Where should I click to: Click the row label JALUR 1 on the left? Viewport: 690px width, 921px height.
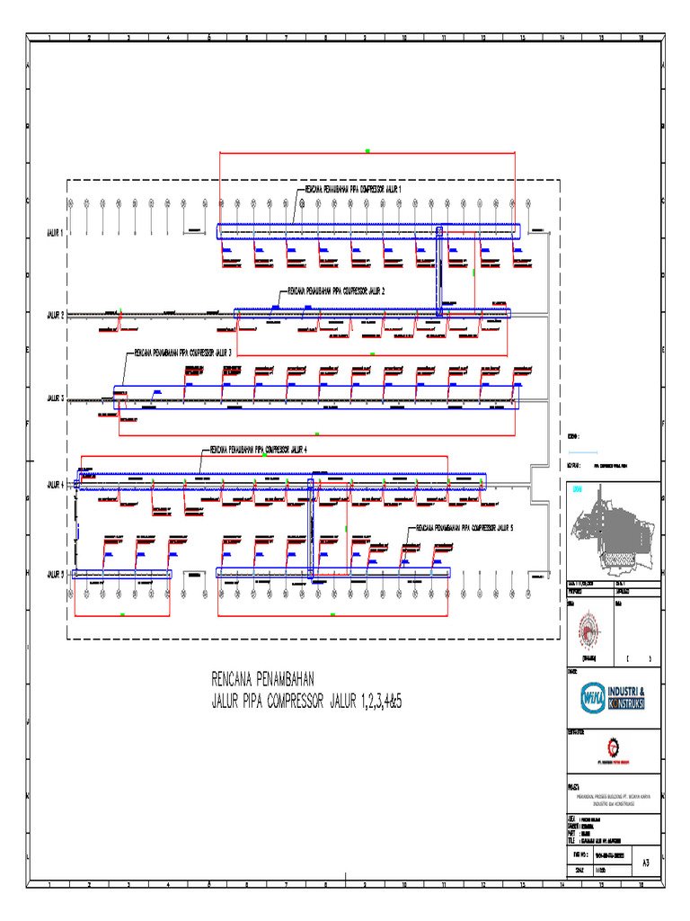coord(56,232)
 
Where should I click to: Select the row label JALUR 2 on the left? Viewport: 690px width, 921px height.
coord(56,315)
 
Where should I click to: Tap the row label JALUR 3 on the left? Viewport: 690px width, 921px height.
coord(56,397)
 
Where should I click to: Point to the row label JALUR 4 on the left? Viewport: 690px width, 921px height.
coord(56,484)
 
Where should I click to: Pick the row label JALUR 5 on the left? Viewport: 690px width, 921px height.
coord(56,574)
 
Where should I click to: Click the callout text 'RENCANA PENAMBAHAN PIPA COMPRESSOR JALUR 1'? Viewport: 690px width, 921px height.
coord(353,190)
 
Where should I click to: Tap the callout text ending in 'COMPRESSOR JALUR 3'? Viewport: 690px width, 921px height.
coord(183,353)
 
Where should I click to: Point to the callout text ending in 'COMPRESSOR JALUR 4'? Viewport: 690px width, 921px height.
coord(259,449)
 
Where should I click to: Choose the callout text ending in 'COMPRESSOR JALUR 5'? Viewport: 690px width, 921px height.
coord(464,528)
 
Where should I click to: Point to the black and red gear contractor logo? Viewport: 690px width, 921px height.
coord(613,747)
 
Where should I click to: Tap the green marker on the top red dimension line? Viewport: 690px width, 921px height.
coord(367,150)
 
